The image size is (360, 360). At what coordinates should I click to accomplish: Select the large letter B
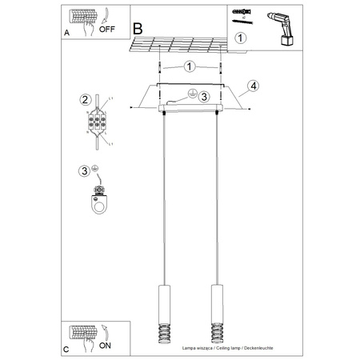pyautogui.click(x=137, y=28)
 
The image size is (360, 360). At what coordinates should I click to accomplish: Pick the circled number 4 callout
pyautogui.click(x=253, y=86)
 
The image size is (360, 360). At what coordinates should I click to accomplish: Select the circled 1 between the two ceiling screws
pyautogui.click(x=190, y=66)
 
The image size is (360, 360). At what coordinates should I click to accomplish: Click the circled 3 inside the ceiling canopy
pyautogui.click(x=204, y=97)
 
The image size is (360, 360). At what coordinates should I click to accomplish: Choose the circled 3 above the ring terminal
pyautogui.click(x=84, y=170)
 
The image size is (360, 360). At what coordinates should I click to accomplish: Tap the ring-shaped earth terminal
pyautogui.click(x=98, y=206)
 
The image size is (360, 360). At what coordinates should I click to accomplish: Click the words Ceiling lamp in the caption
pyautogui.click(x=237, y=349)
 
